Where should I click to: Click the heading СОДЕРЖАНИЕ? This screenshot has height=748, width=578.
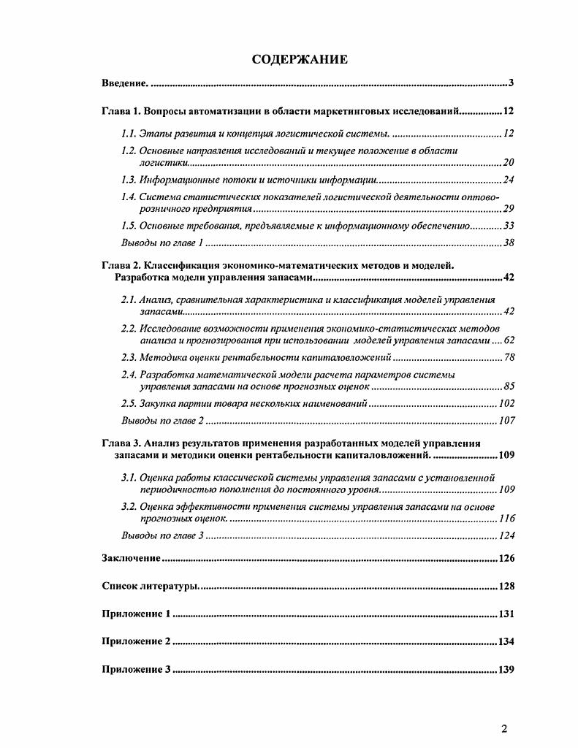click(300, 59)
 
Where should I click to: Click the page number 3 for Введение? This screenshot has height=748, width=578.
click(512, 83)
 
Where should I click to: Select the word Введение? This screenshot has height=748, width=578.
click(125, 83)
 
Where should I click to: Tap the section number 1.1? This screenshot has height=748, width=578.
click(129, 134)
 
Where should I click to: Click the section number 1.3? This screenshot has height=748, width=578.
click(129, 180)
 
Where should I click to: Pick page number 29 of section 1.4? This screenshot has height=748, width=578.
click(509, 209)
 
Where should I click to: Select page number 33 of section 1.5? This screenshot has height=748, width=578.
click(509, 226)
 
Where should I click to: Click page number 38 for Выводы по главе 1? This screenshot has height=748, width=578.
click(509, 243)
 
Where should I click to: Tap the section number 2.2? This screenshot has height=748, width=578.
click(129, 328)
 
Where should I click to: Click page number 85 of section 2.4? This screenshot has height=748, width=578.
click(509, 386)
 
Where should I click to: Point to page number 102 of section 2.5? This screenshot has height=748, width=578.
click(506, 404)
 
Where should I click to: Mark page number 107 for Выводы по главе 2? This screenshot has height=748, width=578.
click(506, 421)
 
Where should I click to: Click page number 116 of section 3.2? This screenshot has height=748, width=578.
click(506, 519)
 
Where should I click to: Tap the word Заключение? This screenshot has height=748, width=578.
click(131, 559)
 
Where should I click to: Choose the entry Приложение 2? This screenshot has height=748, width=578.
click(137, 642)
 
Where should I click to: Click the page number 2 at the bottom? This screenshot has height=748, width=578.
click(504, 728)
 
